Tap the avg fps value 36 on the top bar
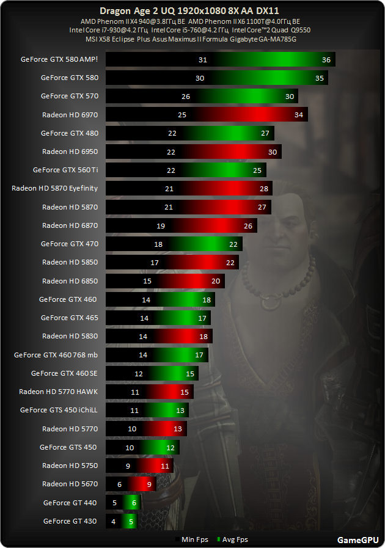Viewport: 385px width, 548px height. [x=326, y=59]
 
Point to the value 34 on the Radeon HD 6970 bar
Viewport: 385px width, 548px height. [x=298, y=115]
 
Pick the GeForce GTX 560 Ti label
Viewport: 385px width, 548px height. [x=65, y=170]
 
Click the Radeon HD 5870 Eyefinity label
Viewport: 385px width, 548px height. [x=55, y=188]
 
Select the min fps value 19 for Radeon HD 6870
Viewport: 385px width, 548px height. [x=161, y=225]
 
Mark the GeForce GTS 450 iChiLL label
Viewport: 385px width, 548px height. [x=59, y=410]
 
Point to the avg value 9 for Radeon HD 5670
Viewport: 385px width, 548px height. [x=149, y=484]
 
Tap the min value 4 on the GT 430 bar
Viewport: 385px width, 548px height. [x=114, y=521]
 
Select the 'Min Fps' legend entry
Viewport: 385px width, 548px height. [x=195, y=539]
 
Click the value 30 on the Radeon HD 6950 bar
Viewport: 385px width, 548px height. [x=272, y=152]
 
